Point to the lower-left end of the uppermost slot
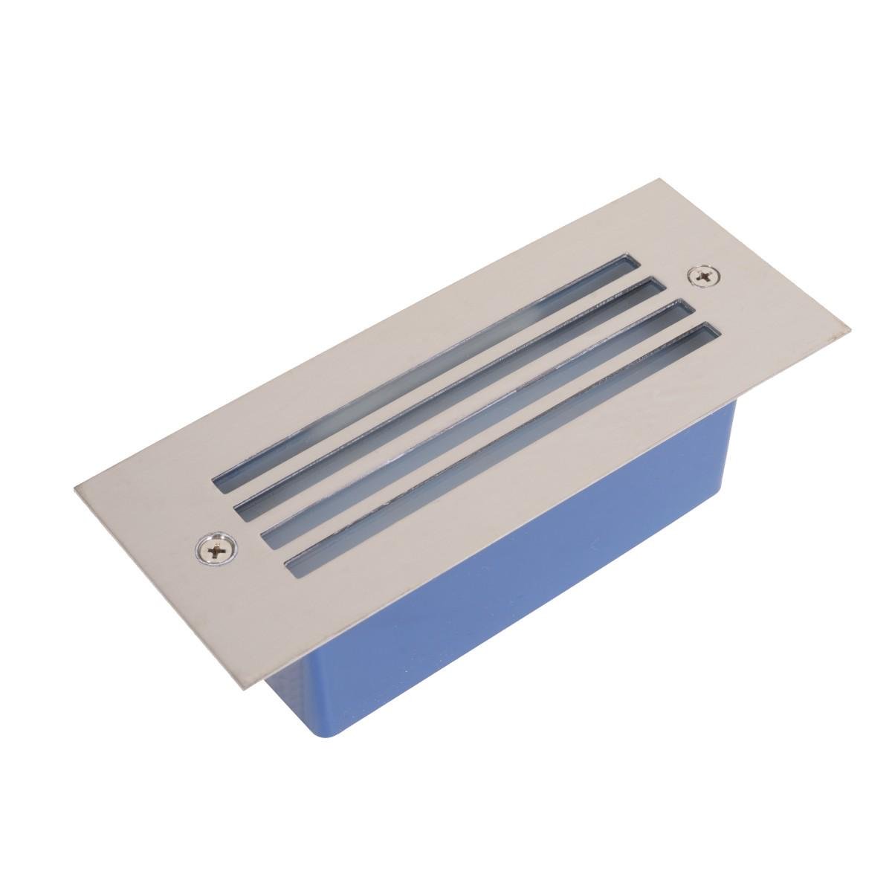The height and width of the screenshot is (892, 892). pos(220,487)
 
